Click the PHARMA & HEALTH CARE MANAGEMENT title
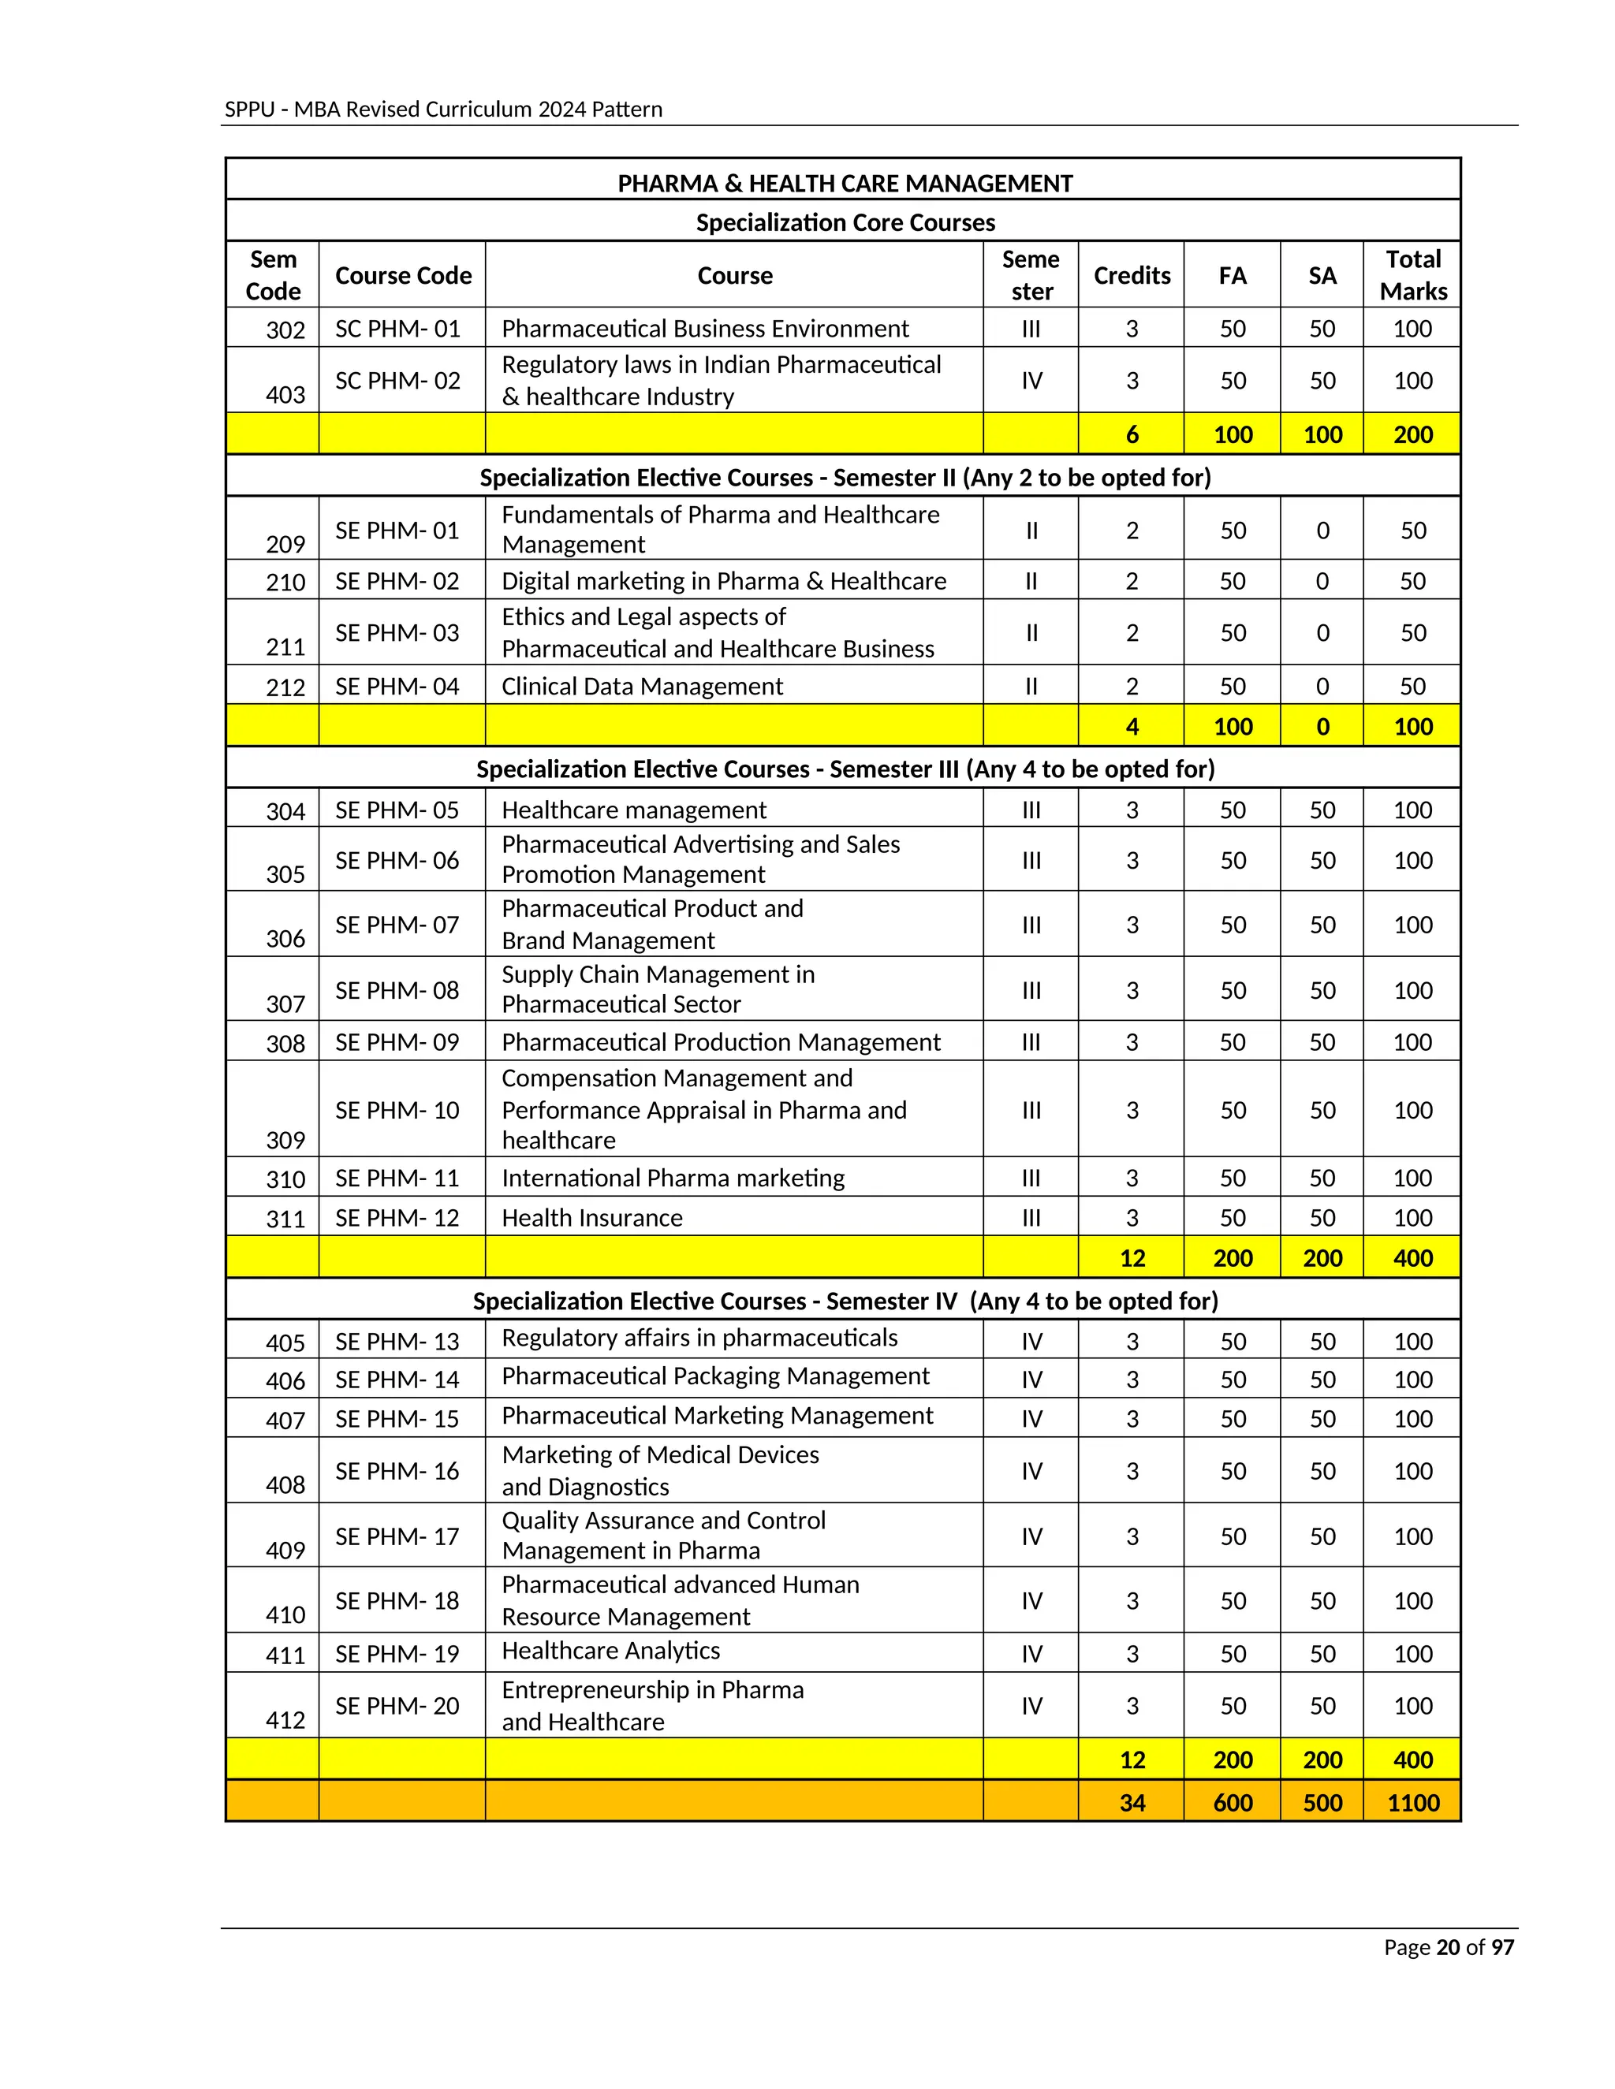[844, 183]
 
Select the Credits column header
[1131, 275]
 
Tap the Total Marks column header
[1412, 275]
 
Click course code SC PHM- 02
[397, 381]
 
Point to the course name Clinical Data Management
[642, 687]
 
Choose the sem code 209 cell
[285, 544]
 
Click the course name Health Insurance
[592, 1218]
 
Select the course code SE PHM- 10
[397, 1111]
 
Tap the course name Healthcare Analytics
[610, 1651]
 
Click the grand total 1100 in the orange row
[1412, 1803]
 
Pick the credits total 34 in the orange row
[1132, 1803]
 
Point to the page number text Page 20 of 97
[1449, 1947]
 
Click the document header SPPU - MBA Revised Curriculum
[443, 109]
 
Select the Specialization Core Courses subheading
[844, 223]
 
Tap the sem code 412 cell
[285, 1721]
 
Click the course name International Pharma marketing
[673, 1179]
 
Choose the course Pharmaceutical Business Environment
[705, 329]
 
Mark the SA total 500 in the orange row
[1322, 1803]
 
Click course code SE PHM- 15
[397, 1420]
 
